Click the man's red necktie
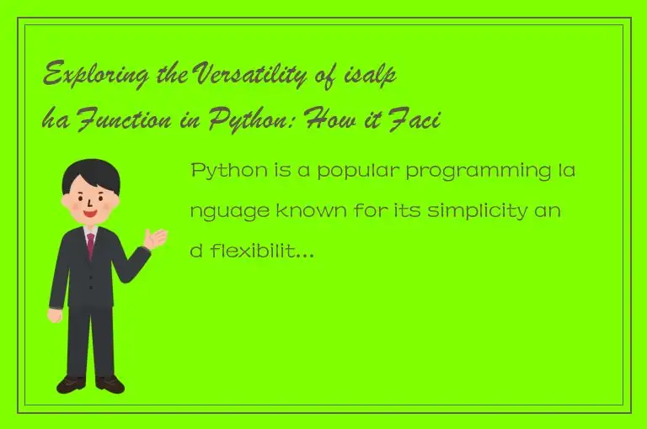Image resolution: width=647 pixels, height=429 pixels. pyautogui.click(x=90, y=244)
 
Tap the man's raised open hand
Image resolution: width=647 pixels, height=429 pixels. pyautogui.click(x=156, y=238)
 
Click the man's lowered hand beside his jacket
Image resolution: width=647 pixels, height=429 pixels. pyautogui.click(x=56, y=315)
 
